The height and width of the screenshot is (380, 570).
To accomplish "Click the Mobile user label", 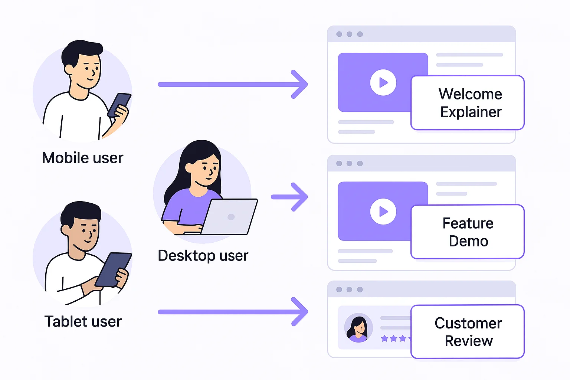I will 82,158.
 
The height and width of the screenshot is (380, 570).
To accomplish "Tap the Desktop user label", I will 203,256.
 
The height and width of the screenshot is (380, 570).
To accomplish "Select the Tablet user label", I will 83,321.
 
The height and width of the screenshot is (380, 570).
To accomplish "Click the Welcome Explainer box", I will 468,103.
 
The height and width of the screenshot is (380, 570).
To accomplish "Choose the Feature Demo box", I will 468,232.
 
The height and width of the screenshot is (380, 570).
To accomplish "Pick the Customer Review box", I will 468,332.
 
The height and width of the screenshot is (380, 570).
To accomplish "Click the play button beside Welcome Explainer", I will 383,82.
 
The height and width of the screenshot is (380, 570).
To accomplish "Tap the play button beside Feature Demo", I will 383,212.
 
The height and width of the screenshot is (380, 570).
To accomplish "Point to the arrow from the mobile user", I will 233,84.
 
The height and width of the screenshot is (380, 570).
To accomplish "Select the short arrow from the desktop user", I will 290,197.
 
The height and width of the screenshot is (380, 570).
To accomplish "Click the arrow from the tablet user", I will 233,312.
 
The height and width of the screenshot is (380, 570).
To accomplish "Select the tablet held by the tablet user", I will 113,269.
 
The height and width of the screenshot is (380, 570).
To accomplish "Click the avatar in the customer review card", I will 358,328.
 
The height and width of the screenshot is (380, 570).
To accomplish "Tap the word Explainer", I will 471,112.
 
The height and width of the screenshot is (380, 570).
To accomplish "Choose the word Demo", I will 468,241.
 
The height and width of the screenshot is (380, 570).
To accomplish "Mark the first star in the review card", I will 385,338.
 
